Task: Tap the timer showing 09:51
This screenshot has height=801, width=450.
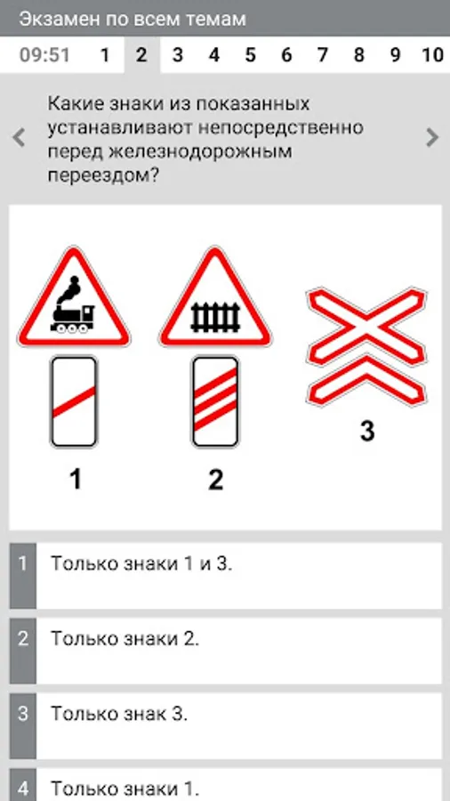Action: click(x=44, y=54)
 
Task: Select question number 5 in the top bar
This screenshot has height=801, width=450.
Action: click(x=250, y=54)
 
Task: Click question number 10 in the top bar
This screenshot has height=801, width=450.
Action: click(x=432, y=54)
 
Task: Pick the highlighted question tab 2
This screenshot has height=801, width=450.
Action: click(x=141, y=54)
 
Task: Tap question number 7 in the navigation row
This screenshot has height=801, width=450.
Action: click(x=323, y=54)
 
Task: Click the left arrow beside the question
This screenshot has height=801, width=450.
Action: click(x=19, y=137)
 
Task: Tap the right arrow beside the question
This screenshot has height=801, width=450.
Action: click(x=432, y=137)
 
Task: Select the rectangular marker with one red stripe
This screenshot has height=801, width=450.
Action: click(x=74, y=401)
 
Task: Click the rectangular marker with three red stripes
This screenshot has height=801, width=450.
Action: click(x=215, y=401)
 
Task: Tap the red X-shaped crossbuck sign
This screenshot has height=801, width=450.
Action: click(x=366, y=347)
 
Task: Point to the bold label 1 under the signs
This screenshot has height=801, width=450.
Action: click(x=76, y=480)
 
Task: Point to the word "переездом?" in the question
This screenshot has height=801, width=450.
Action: click(x=104, y=176)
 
